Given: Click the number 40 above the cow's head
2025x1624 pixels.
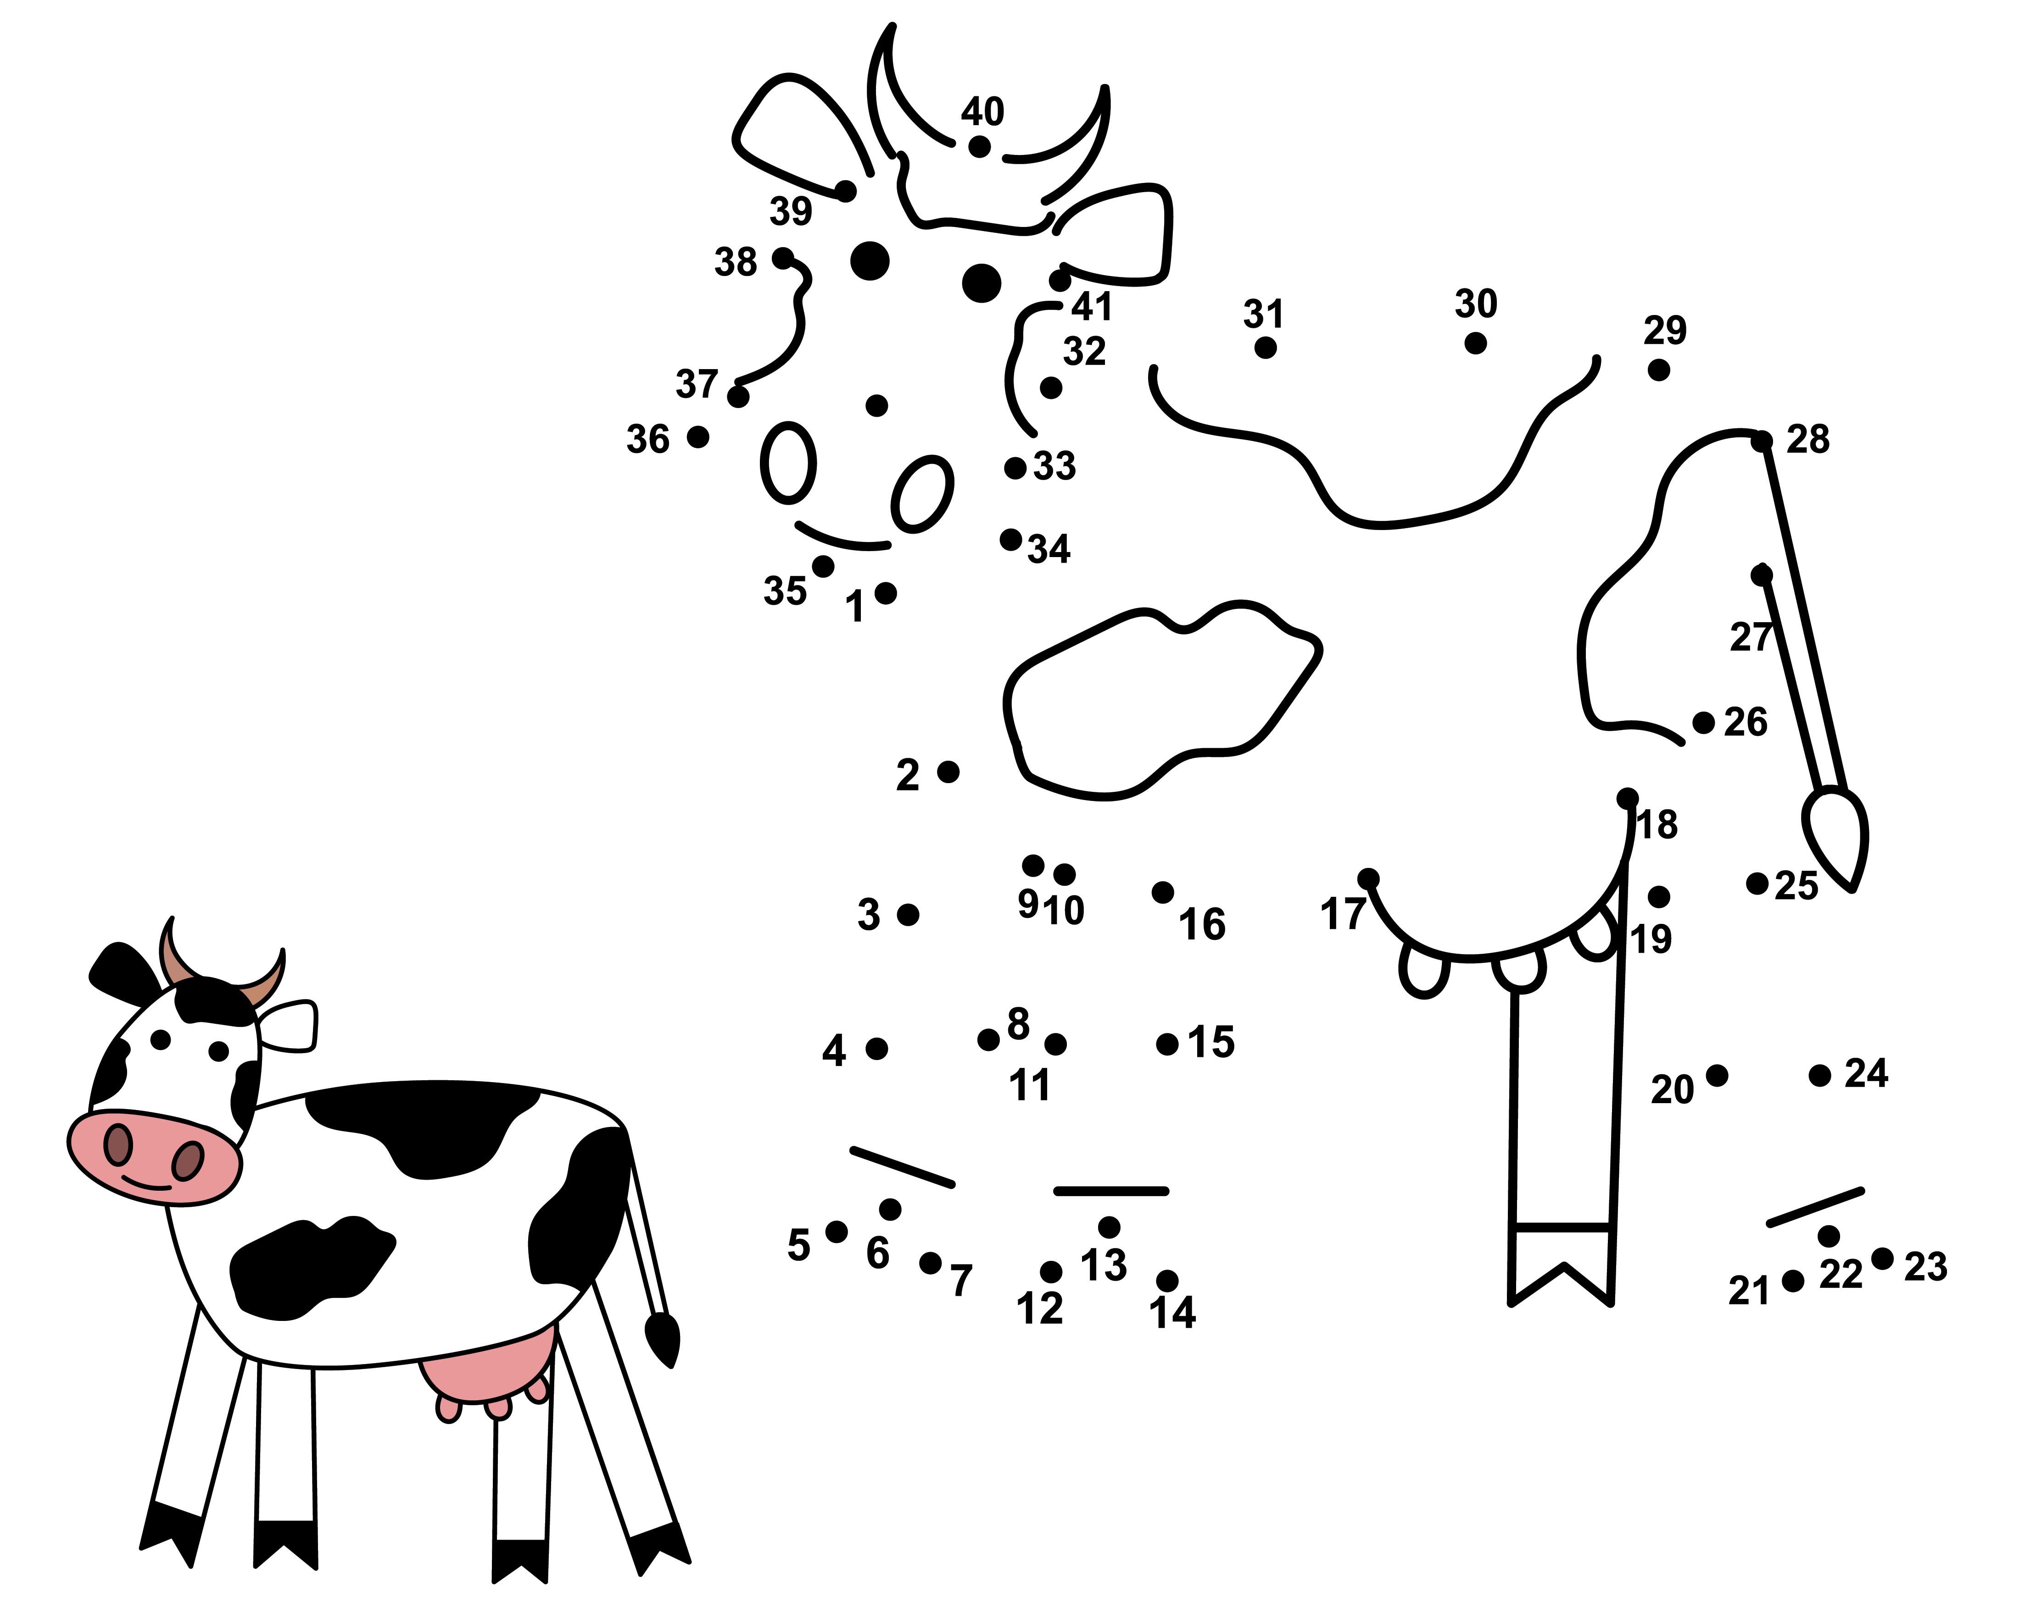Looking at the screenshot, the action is tap(982, 112).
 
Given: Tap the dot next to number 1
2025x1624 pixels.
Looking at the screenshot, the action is tap(886, 593).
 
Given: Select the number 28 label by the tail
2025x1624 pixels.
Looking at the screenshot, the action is tap(1808, 439).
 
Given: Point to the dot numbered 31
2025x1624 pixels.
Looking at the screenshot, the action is tap(1265, 348).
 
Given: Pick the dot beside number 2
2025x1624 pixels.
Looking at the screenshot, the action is tap(948, 772).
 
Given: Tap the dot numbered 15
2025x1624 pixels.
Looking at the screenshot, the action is tap(1167, 1044).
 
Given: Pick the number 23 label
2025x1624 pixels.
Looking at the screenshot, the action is tap(1925, 1267).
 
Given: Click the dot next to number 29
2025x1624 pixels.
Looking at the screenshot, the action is tap(1659, 370).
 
